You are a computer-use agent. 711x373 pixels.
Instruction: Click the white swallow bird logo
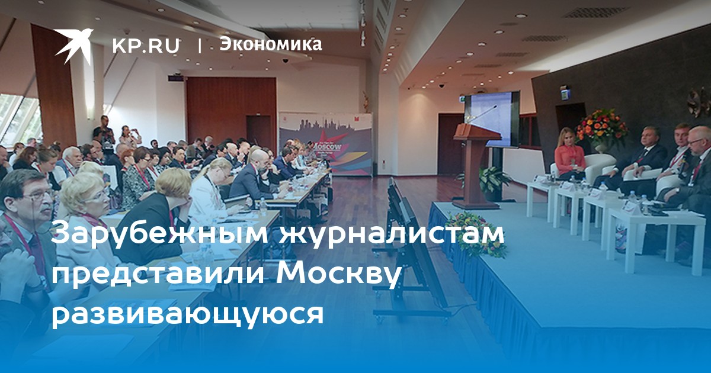(x=73, y=46)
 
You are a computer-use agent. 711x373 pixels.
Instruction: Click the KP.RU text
(x=146, y=46)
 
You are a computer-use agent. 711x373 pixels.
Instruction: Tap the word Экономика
(x=271, y=44)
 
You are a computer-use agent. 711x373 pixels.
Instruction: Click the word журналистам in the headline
(x=392, y=234)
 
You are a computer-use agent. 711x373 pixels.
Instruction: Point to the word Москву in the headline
(x=337, y=274)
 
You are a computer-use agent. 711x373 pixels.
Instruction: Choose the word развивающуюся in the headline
(x=187, y=314)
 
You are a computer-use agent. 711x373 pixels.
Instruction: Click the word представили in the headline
(x=158, y=274)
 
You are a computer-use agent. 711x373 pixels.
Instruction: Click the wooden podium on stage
(x=475, y=166)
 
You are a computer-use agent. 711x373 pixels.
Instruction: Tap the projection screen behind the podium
(x=491, y=119)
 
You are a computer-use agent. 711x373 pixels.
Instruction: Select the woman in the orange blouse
(x=570, y=155)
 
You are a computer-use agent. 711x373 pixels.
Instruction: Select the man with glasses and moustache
(x=25, y=222)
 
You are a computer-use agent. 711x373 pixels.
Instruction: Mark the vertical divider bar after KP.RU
(x=200, y=46)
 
